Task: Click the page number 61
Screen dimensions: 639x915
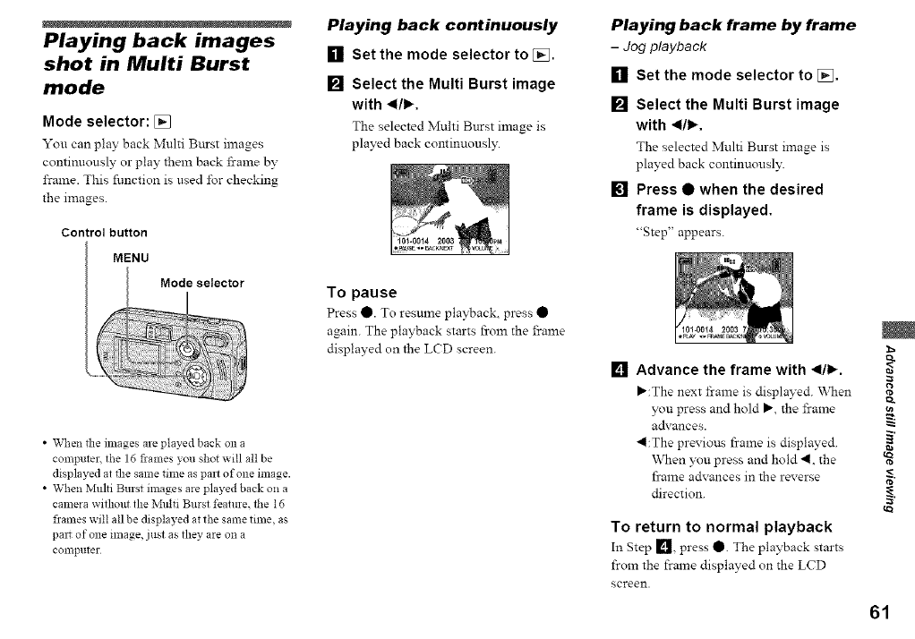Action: [878, 612]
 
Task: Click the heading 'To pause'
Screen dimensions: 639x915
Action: [362, 293]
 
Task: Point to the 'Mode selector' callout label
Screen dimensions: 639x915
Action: [201, 284]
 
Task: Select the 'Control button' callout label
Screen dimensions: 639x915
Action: [104, 234]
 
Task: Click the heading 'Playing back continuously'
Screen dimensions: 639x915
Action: [441, 24]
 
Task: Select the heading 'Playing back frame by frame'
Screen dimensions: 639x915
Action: [733, 24]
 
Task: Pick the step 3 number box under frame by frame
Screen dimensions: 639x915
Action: [618, 190]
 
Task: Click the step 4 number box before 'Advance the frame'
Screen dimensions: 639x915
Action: [618, 370]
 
